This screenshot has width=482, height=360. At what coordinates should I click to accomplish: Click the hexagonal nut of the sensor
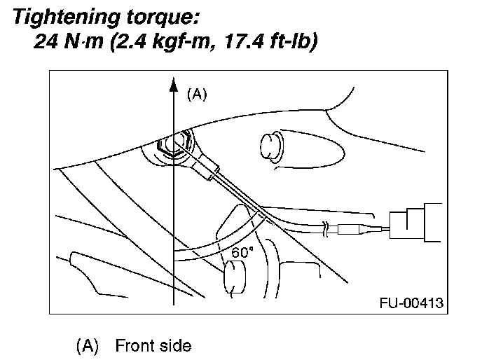point(172,146)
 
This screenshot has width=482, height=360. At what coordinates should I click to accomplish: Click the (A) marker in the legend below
point(88,345)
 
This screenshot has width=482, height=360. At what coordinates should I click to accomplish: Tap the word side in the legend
point(175,345)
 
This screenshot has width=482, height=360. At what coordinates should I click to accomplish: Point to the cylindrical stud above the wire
point(270,147)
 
